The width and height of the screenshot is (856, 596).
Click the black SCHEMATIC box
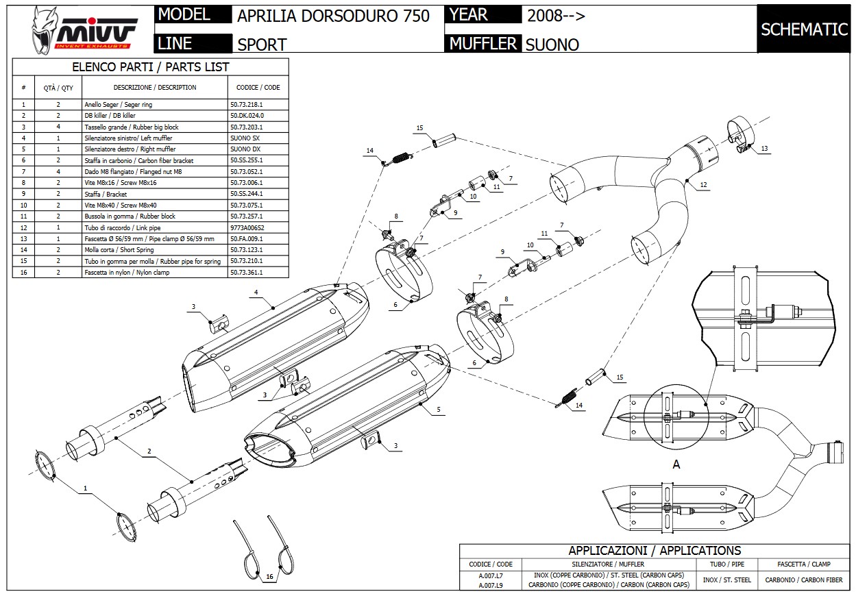pyautogui.click(x=804, y=29)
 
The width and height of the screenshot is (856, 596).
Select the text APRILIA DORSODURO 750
pyautogui.click(x=333, y=16)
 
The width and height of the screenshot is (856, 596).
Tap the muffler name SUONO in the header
pyautogui.click(x=552, y=45)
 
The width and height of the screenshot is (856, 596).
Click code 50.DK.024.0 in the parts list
pyautogui.click(x=247, y=116)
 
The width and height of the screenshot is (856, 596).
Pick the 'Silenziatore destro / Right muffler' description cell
pyautogui.click(x=130, y=149)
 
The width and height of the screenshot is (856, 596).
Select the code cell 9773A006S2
pyautogui.click(x=247, y=227)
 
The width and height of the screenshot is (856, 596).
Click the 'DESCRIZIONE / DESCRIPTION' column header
pyautogui.click(x=154, y=88)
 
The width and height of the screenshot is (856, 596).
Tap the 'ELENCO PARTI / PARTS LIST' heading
pyautogui.click(x=151, y=67)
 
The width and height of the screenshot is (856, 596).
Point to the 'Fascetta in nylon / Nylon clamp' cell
pyautogui.click(x=127, y=273)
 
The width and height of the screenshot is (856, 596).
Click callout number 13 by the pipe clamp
pyautogui.click(x=764, y=149)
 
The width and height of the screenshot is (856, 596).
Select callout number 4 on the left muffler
pyautogui.click(x=256, y=293)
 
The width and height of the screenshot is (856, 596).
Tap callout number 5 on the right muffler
pyautogui.click(x=438, y=410)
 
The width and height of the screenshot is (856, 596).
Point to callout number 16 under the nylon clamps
pyautogui.click(x=269, y=577)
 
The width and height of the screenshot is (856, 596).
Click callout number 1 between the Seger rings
pyautogui.click(x=86, y=488)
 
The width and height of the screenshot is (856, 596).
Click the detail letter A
pyautogui.click(x=676, y=464)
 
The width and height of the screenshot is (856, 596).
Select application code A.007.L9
pyautogui.click(x=490, y=585)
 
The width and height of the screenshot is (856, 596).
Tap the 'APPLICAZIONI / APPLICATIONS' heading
pyautogui.click(x=655, y=550)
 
